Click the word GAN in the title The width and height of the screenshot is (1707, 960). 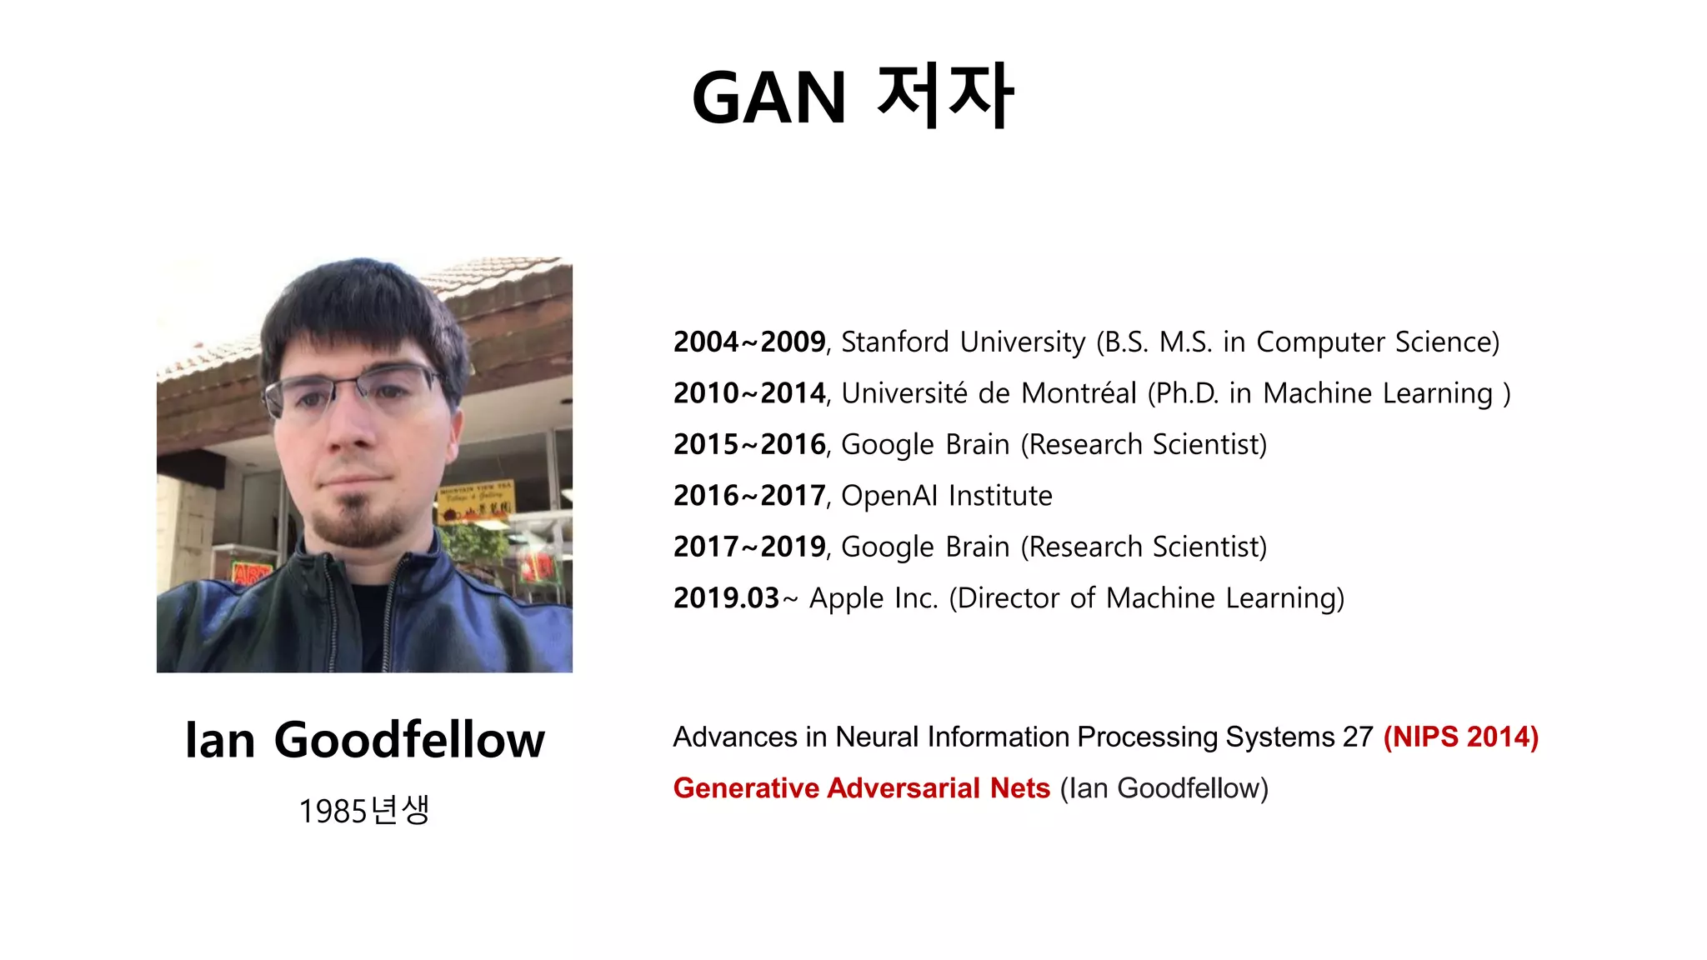tap(768, 97)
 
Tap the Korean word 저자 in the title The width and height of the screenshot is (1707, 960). tap(944, 96)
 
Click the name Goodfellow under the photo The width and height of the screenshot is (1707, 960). tap(409, 740)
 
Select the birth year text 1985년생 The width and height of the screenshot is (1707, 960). tap(364, 810)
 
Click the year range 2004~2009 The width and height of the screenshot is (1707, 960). tap(748, 342)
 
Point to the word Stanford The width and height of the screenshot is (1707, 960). tap(894, 342)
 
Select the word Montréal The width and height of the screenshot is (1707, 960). tap(1079, 392)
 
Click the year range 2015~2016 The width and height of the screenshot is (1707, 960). tap(748, 444)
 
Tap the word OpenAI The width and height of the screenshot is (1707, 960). tap(889, 496)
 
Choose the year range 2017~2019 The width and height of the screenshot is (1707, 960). tap(748, 547)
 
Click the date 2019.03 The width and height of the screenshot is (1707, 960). tap(726, 597)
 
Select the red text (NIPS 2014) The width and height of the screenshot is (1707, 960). tap(1460, 737)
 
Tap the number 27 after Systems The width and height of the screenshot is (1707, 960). tap(1357, 737)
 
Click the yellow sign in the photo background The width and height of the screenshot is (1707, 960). tap(476, 501)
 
